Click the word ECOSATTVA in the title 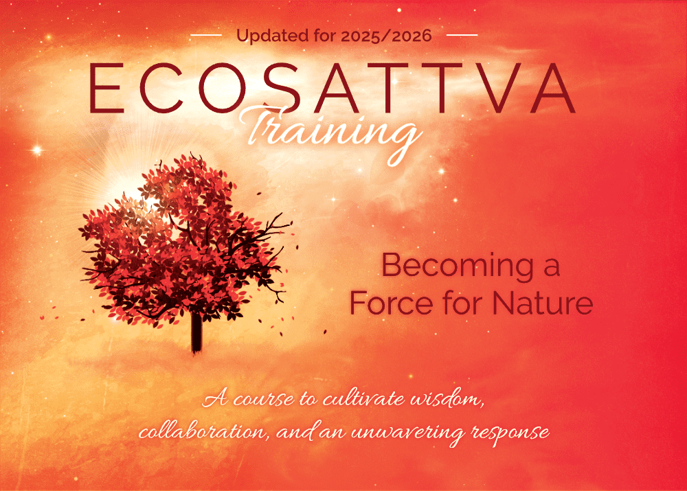click(332, 88)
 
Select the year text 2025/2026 click(386, 36)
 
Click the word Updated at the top click(273, 36)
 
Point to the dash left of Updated click(206, 35)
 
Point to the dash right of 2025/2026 click(462, 35)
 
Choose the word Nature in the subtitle click(543, 302)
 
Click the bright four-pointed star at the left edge click(38, 150)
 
